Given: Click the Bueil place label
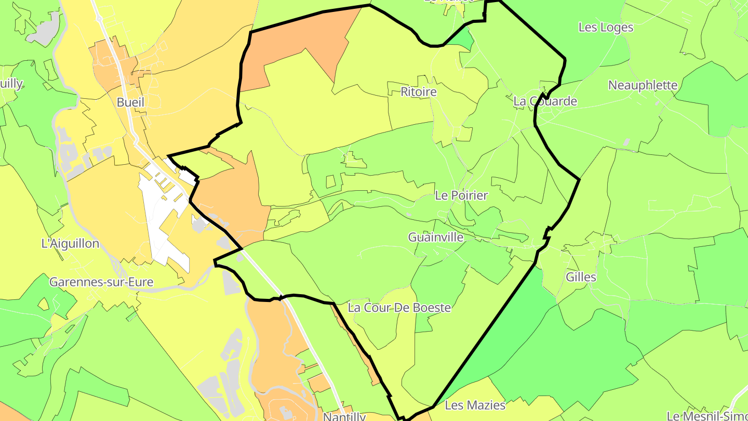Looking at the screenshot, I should pyautogui.click(x=130, y=102).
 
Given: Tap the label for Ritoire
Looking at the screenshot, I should pyautogui.click(x=419, y=92).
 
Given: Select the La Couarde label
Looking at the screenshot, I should pyautogui.click(x=545, y=101).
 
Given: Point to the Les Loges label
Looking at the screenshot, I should pyautogui.click(x=606, y=28).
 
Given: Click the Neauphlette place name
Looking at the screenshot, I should pyautogui.click(x=643, y=85).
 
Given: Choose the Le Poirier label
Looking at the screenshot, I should pyautogui.click(x=461, y=195).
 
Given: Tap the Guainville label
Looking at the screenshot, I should pyautogui.click(x=435, y=237).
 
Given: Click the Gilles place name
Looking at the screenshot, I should pyautogui.click(x=581, y=277).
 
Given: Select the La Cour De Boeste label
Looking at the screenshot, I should pyautogui.click(x=399, y=308).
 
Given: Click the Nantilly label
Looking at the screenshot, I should pyautogui.click(x=344, y=416).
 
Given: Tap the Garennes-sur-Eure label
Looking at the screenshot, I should pyautogui.click(x=101, y=282).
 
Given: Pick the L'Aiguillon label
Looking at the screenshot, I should pyautogui.click(x=70, y=243).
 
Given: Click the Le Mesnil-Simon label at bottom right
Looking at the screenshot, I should pyautogui.click(x=707, y=416).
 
